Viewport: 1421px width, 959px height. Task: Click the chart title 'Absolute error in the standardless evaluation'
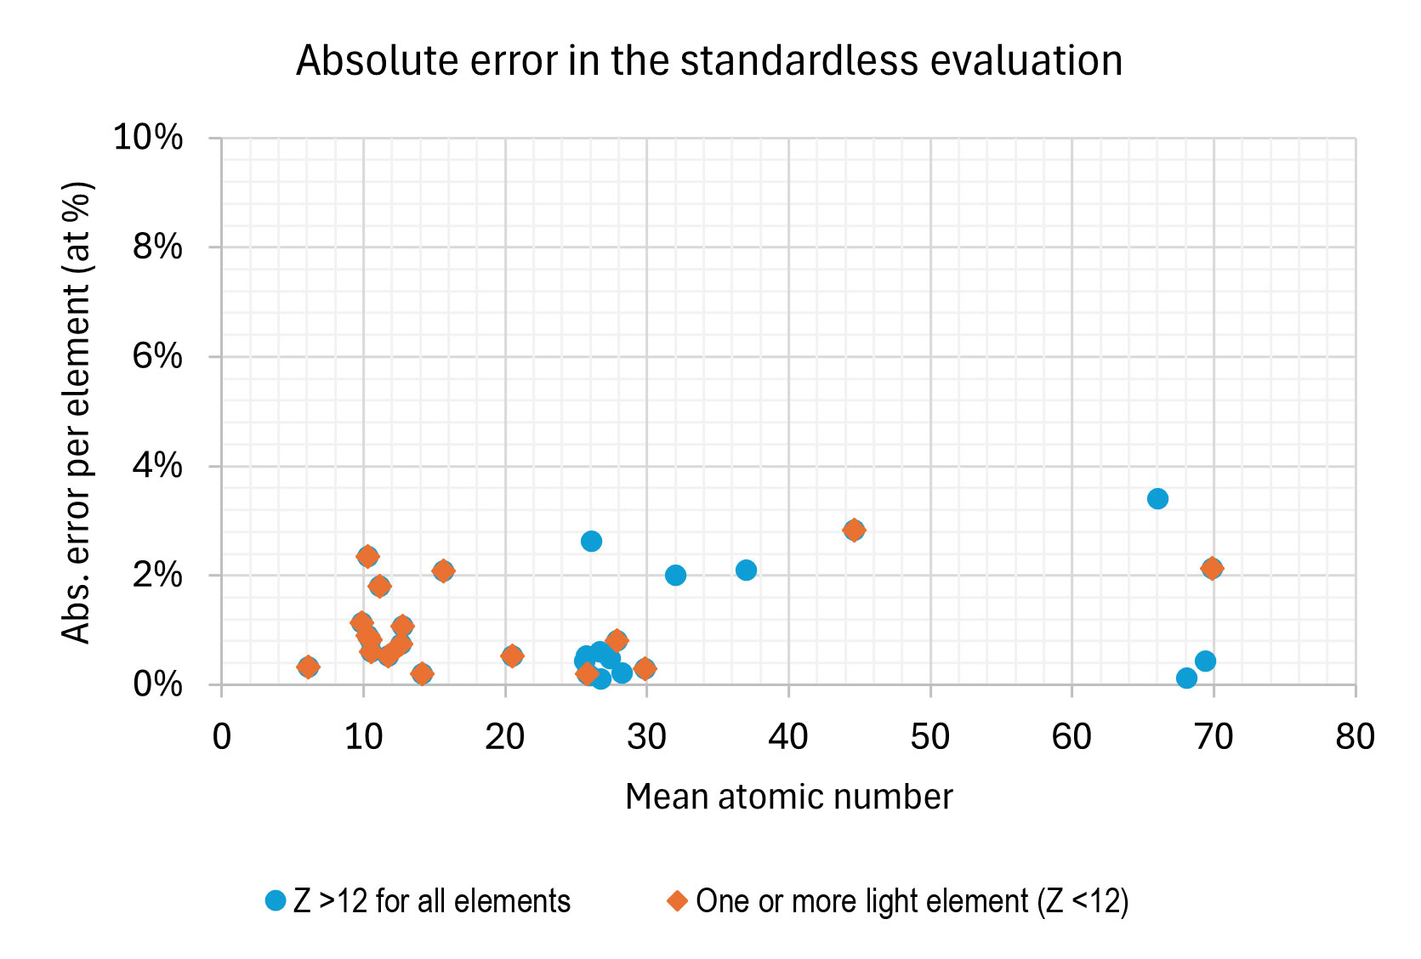709,61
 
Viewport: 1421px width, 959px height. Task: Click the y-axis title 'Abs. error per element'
77,412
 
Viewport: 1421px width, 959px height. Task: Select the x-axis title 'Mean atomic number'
788,797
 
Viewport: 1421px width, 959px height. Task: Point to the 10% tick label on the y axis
148,137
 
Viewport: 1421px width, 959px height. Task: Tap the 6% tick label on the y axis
157,356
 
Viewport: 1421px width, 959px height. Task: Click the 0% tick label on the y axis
157,684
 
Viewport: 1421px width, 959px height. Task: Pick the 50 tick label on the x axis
929,737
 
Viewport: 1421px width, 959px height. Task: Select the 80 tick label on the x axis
1355,737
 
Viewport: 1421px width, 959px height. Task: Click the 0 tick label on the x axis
222,737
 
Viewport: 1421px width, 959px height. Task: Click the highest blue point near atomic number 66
1157,498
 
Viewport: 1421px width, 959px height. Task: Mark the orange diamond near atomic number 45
855,530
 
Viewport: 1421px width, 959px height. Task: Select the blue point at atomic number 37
746,570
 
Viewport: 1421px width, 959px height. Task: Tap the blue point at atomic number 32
675,575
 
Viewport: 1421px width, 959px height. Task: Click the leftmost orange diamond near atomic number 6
308,667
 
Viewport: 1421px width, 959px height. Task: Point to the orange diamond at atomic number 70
1213,568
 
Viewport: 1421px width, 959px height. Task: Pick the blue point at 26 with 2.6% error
591,541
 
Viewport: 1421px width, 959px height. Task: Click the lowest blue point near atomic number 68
1186,678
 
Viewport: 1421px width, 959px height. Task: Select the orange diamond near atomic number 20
512,655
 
